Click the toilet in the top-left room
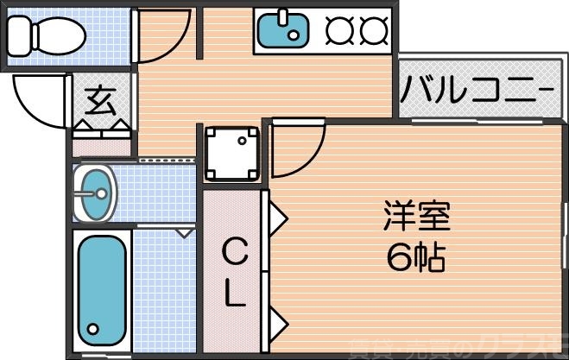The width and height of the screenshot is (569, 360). pos(47,35)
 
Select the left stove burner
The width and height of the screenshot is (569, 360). pos(339,30)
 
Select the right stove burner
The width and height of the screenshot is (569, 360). pos(374,30)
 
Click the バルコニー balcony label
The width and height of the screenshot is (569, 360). pos(476,90)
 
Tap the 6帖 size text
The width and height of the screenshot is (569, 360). pos(415,256)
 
